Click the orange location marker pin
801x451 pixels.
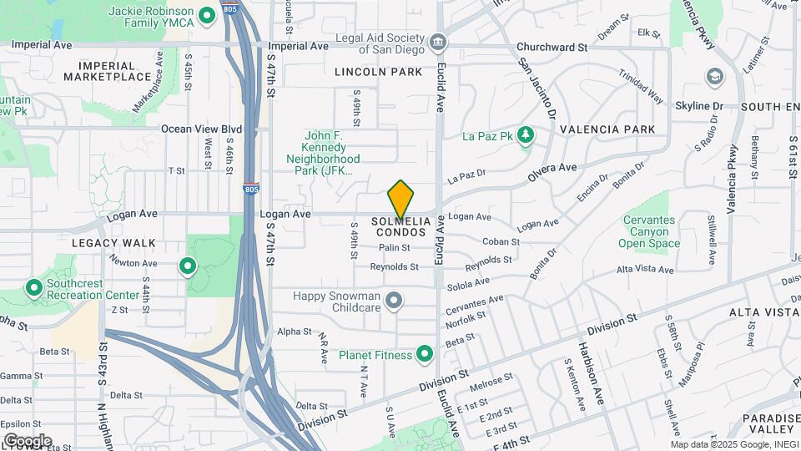401,200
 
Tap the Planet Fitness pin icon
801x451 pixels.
424,355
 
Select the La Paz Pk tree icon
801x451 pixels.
525,135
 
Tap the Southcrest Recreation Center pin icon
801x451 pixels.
34,289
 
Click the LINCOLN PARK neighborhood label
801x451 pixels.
379,73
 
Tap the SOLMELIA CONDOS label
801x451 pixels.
402,226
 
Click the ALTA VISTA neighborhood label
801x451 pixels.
763,312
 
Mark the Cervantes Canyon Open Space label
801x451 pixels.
649,231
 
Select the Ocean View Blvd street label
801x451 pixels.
201,129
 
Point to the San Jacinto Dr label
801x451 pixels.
538,89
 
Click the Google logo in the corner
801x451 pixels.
27,440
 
